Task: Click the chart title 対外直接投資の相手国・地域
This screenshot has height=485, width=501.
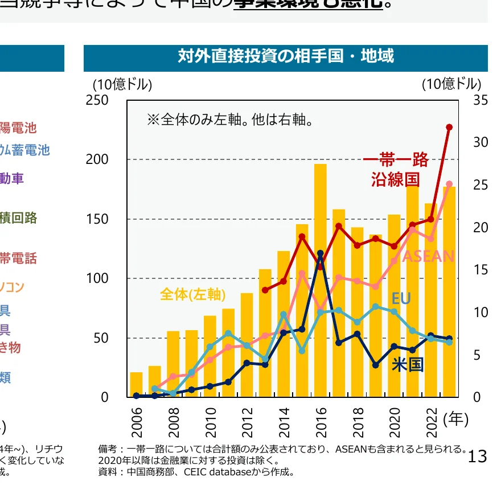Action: pyautogui.click(x=285, y=56)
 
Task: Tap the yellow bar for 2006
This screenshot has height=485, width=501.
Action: pyautogui.click(x=136, y=384)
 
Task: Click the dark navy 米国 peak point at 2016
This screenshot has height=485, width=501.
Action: pyautogui.click(x=321, y=253)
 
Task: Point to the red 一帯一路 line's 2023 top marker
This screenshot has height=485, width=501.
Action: pyautogui.click(x=449, y=127)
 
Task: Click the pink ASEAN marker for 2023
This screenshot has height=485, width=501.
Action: pyautogui.click(x=449, y=184)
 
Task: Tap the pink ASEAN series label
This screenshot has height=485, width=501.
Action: pyautogui.click(x=428, y=257)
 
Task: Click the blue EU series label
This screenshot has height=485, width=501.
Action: pyautogui.click(x=401, y=299)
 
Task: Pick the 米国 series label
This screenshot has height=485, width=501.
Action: pyautogui.click(x=408, y=364)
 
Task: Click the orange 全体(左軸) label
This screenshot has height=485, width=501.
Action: pyautogui.click(x=193, y=294)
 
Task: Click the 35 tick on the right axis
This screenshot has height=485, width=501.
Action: pyautogui.click(x=481, y=100)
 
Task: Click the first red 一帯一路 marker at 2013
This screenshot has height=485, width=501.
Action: pyautogui.click(x=265, y=290)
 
